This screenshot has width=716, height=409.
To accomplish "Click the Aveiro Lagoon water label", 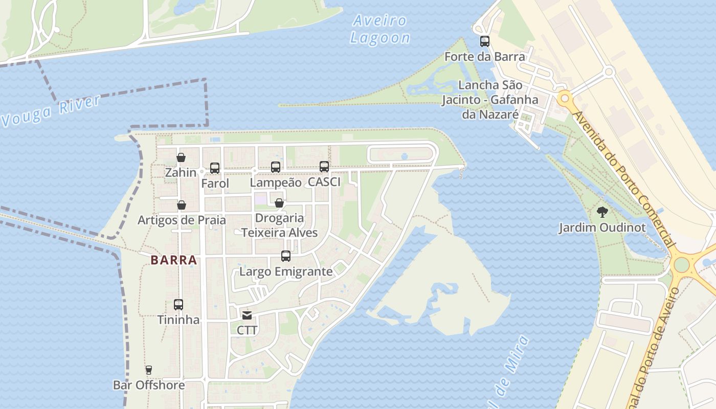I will tap(380, 29).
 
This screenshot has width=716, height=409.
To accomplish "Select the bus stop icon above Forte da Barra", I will tap(484, 41).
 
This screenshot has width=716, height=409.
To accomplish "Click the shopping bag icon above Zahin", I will tap(181, 157).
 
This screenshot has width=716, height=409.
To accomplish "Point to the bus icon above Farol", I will tap(215, 168).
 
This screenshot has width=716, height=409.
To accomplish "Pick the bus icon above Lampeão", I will tap(276, 167).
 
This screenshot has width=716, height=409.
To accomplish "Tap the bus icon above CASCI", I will tap(324, 166).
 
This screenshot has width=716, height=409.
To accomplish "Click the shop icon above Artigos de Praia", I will tap(182, 205).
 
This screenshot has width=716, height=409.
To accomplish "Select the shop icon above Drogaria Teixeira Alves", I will tap(279, 203).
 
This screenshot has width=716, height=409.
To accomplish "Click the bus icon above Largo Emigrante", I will tap(286, 256).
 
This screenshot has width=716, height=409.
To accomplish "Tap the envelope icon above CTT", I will tap(247, 315).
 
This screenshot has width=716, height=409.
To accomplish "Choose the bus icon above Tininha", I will tap(178, 305).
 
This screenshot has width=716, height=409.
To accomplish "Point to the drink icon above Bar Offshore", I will tap(149, 370).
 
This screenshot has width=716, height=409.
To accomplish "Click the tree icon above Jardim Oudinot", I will tap(602, 212).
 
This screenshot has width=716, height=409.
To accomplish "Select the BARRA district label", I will tap(174, 260).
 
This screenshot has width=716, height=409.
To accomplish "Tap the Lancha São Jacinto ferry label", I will tap(490, 99).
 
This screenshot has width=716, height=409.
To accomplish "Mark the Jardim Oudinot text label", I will tap(602, 228).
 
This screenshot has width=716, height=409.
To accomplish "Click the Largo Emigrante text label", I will tap(286, 271).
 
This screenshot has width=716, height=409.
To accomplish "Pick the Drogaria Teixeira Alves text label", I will tap(279, 225).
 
